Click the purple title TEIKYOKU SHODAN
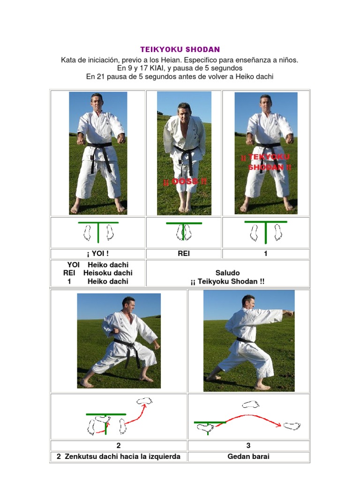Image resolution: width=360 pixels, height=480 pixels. [180, 49]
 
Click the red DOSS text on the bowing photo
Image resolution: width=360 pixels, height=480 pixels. [185, 181]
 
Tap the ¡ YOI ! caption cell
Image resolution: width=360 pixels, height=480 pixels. [98, 254]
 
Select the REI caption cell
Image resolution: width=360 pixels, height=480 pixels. [184, 254]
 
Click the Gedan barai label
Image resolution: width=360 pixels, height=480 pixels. [248, 456]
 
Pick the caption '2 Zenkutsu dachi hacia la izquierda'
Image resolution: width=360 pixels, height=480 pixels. [119, 456]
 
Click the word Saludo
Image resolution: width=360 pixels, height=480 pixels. [227, 272]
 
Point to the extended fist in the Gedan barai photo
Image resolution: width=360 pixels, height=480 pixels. [290, 313]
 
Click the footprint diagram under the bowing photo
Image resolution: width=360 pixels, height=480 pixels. [184, 232]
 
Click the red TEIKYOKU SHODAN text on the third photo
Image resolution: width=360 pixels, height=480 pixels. [266, 162]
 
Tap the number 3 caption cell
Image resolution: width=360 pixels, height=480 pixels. [248, 445]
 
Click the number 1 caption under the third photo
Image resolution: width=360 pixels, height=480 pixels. [266, 254]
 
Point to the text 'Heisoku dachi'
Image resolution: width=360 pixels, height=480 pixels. [107, 273]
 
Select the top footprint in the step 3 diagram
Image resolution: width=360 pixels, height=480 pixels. [251, 404]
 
